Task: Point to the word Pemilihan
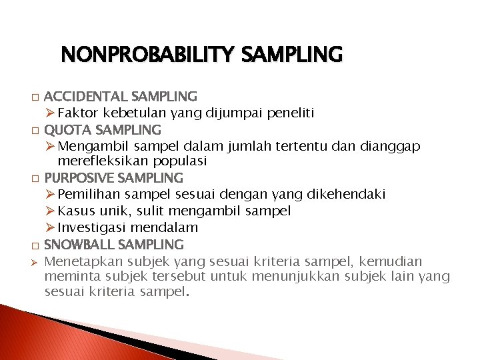click(x=86, y=195)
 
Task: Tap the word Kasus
click(x=75, y=211)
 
